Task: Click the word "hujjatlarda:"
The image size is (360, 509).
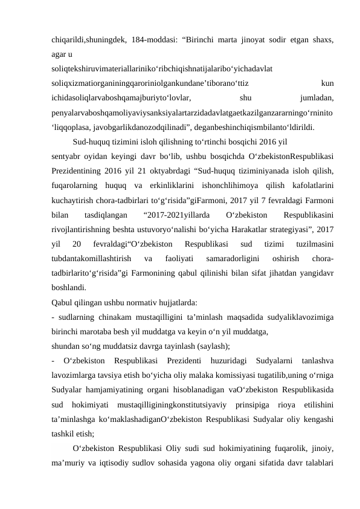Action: coord(172,303)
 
